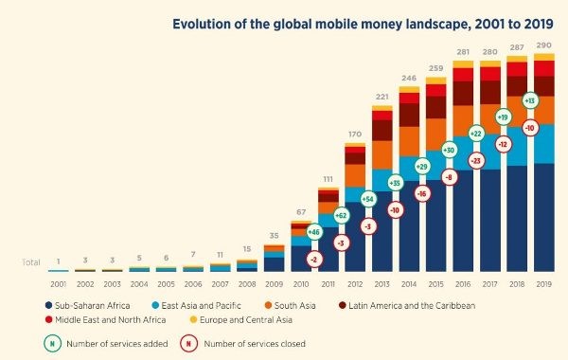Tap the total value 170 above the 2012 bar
pos(355,135)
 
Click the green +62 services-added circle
pos(341,216)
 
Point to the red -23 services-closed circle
pos(475,161)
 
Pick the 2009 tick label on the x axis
pos(274,282)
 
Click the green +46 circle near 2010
pos(313,231)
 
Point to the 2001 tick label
pos(59,282)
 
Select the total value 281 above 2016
pos(463,53)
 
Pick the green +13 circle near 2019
pos(529,100)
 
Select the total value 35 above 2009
pos(274,235)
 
